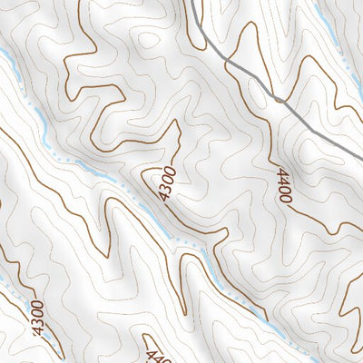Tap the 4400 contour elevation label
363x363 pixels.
click(285, 185)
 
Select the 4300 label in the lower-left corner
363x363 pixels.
click(37, 318)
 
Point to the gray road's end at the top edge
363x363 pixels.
click(193, 2)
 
